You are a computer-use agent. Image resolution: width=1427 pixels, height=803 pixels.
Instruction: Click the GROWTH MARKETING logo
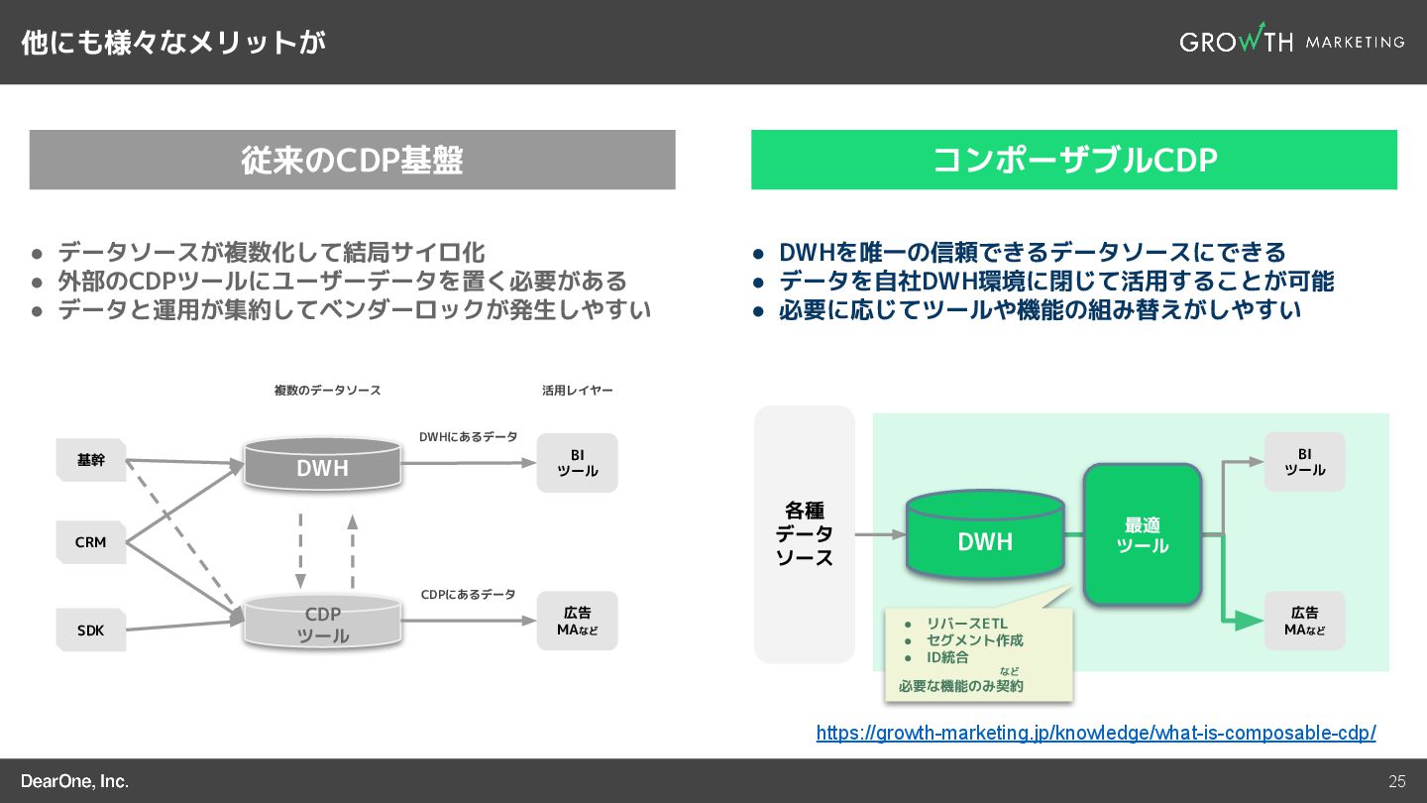coord(1291,41)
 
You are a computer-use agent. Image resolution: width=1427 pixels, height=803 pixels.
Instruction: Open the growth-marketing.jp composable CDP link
coord(1096,733)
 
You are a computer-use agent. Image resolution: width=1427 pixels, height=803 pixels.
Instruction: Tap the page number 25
coord(1397,781)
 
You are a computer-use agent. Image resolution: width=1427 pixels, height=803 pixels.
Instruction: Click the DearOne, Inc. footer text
coord(75,781)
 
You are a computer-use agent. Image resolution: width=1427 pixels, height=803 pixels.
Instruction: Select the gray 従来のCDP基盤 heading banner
coord(352,160)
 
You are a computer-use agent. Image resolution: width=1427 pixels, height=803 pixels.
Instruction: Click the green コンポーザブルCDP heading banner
coord(1073,160)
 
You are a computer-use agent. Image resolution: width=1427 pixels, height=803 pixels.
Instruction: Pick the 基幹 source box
coord(91,460)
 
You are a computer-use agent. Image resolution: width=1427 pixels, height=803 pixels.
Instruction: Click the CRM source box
coord(91,542)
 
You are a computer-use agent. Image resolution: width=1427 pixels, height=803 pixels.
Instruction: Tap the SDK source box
coord(91,630)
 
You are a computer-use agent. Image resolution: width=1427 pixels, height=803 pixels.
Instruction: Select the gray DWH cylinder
coord(323,465)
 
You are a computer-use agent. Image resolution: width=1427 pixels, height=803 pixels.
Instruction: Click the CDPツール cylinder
coord(323,623)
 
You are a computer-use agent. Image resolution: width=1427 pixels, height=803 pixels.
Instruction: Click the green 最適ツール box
coord(1143,535)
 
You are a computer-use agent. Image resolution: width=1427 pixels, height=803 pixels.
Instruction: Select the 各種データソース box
coord(805,534)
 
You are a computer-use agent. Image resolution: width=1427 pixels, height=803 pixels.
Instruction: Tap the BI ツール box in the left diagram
coord(577,463)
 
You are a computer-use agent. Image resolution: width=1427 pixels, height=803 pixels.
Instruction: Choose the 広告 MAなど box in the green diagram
coord(1304,621)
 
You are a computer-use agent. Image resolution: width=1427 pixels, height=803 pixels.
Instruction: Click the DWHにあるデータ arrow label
coord(468,436)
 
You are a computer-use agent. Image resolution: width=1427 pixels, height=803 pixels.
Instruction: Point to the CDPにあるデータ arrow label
coord(468,595)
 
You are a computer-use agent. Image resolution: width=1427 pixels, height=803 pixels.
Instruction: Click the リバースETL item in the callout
coord(966,624)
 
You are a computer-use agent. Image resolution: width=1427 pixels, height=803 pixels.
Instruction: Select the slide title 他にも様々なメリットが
coord(173,43)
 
